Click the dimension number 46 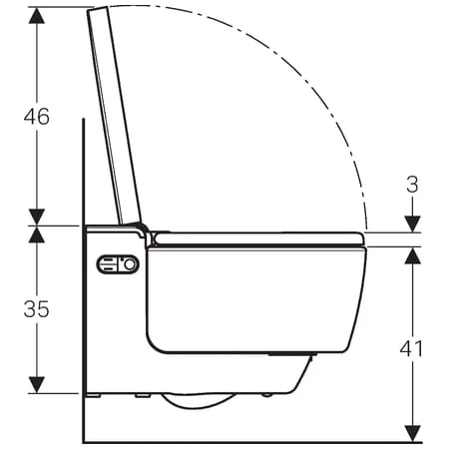pyautogui.click(x=37, y=117)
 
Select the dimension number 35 pyautogui.click(x=37, y=309)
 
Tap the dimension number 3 pyautogui.click(x=412, y=185)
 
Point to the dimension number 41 pyautogui.click(x=411, y=348)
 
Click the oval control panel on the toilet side pyautogui.click(x=118, y=264)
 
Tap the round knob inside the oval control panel pyautogui.click(x=130, y=264)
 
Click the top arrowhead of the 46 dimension pyautogui.click(x=37, y=16)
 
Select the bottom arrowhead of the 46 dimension pyautogui.click(x=37, y=217)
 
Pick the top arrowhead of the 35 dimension pyautogui.click(x=37, y=234)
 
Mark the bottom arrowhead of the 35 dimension pyautogui.click(x=37, y=385)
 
